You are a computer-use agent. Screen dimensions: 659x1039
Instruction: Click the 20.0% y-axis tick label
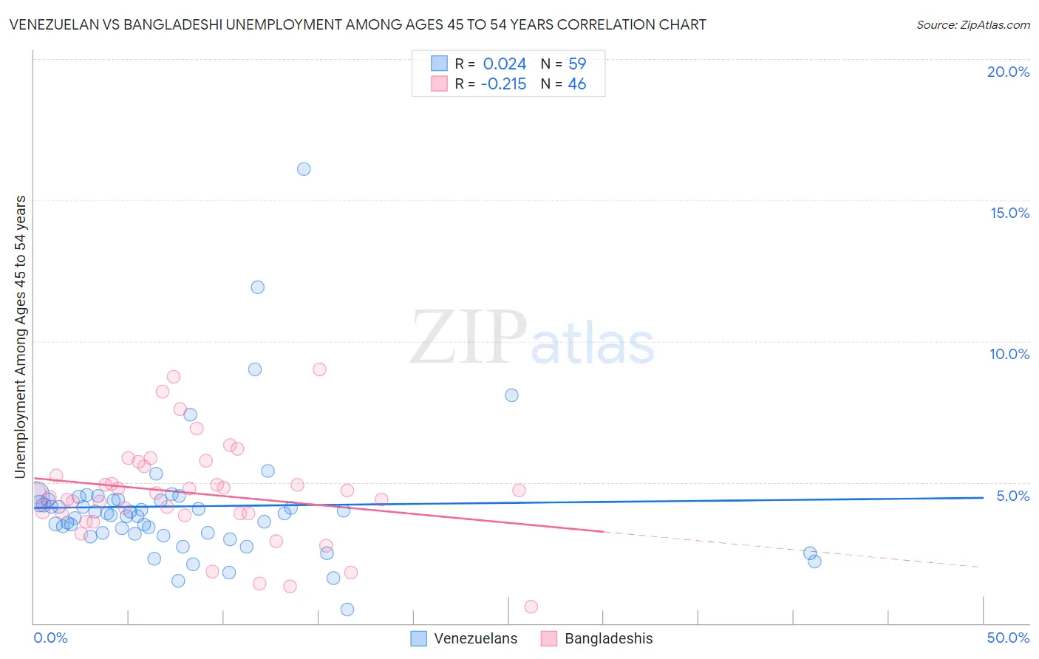1008,72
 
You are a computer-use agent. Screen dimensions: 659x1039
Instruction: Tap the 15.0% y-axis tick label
1009,213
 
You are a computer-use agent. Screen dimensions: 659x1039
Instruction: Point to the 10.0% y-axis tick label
1009,354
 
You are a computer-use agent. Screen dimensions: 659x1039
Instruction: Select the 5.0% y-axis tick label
1012,496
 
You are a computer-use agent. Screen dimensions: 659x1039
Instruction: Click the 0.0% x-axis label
50,638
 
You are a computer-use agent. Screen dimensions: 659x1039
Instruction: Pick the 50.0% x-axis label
1008,638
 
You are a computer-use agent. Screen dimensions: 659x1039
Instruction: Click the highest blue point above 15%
304,169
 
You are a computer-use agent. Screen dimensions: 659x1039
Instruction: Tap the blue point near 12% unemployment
258,287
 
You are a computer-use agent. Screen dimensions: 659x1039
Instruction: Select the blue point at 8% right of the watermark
511,395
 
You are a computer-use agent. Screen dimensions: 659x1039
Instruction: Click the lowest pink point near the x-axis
531,607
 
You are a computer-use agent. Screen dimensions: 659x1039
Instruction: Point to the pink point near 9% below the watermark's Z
319,369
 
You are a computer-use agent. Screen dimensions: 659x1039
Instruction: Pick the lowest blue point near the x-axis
347,610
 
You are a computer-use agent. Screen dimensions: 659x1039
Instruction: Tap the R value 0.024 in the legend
505,64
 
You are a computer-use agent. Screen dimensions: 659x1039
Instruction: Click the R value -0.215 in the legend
503,84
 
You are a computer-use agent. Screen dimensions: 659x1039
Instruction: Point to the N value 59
577,64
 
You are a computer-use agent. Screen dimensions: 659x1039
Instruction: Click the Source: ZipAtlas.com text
972,25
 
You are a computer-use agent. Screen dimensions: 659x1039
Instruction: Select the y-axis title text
20,337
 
